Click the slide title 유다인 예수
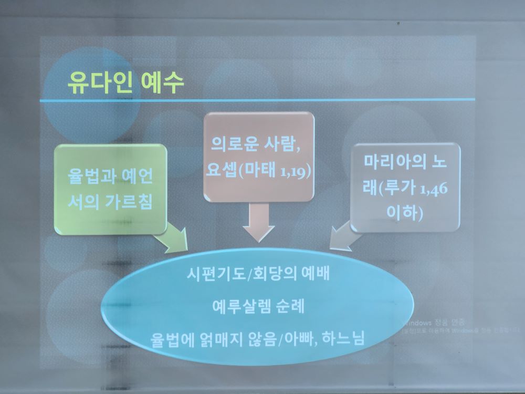pyautogui.click(x=126, y=82)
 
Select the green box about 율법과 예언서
pyautogui.click(x=110, y=190)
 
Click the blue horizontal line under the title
pyautogui.click(x=257, y=100)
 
